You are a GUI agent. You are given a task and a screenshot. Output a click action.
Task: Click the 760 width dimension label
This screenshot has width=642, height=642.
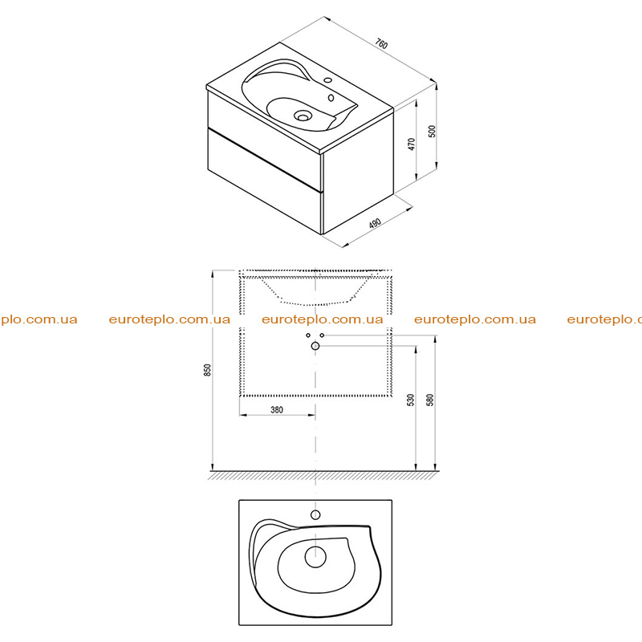click(x=381, y=44)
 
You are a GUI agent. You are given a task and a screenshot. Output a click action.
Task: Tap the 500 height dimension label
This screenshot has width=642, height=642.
click(x=433, y=131)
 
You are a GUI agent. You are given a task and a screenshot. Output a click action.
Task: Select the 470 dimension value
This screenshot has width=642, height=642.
click(x=412, y=144)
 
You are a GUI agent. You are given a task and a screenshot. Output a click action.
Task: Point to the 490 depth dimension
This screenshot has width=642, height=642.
click(x=375, y=224)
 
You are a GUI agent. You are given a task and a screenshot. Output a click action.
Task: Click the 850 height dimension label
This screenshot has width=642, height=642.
click(x=208, y=370)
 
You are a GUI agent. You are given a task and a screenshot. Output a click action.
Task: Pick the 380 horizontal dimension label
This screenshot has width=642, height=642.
click(x=277, y=409)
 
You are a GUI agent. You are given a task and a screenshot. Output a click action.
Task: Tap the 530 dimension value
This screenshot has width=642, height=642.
click(x=411, y=400)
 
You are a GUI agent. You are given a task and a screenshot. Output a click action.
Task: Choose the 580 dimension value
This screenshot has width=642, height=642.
click(x=429, y=400)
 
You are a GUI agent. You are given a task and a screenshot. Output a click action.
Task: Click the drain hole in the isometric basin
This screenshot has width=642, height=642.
click(x=303, y=116)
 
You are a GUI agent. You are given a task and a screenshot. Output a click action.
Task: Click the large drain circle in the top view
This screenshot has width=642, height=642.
click(x=315, y=557)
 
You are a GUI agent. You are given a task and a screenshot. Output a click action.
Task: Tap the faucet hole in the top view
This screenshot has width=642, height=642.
click(x=315, y=514)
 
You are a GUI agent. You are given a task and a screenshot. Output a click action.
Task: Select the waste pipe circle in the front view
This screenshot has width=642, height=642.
click(x=315, y=346)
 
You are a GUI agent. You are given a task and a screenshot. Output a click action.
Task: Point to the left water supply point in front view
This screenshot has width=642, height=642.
click(x=308, y=335)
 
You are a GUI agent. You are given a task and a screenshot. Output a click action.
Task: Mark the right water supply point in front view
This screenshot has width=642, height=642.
click(x=323, y=335)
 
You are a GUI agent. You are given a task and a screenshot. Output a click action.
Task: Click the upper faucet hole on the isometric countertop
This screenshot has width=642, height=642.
click(x=327, y=79)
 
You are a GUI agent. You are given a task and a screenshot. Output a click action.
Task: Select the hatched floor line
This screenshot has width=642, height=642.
click(x=323, y=475)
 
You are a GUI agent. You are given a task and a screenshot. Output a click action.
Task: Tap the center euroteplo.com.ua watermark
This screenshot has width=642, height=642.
click(x=323, y=319)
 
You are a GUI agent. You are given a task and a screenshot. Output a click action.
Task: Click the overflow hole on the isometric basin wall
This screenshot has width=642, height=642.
click(x=331, y=98)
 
